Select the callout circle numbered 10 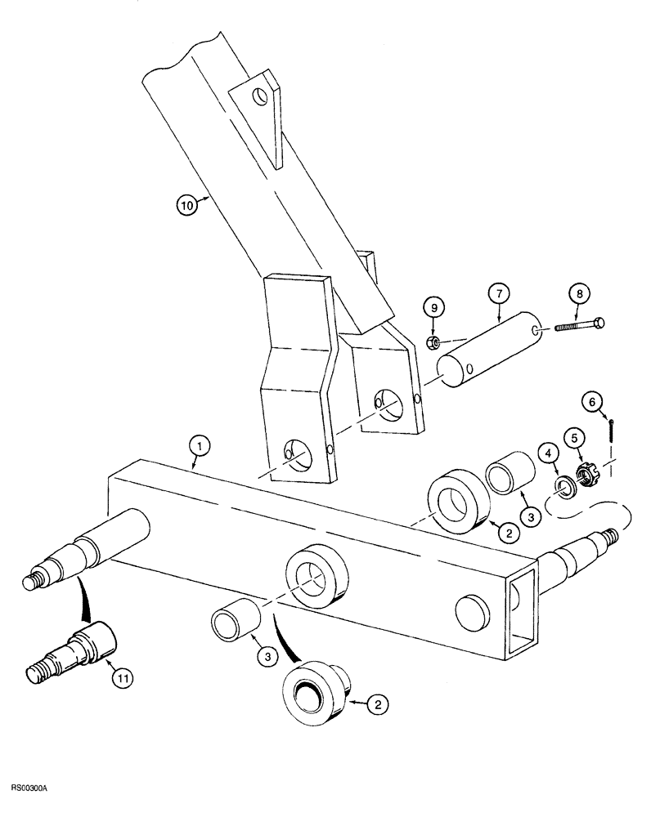[187, 206]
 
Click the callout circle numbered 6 [592, 401]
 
